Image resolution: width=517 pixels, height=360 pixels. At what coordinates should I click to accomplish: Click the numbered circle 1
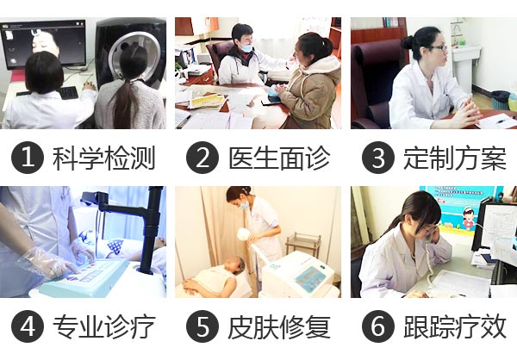28,158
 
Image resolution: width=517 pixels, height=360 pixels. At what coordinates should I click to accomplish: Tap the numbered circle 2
202,158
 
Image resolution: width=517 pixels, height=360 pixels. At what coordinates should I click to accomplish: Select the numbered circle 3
378,158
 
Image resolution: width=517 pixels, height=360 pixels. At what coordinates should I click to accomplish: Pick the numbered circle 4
28,326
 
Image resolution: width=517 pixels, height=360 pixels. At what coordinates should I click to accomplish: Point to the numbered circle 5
202,326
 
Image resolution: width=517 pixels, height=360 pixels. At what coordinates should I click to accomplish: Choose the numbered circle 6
378,326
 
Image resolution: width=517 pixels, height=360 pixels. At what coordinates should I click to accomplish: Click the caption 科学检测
104,158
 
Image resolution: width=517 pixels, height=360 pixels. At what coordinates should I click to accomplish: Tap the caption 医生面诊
279,158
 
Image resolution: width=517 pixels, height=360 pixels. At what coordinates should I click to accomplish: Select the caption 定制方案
455,158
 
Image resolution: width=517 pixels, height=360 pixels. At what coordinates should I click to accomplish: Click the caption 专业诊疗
104,326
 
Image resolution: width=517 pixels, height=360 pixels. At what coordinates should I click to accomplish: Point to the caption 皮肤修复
279,326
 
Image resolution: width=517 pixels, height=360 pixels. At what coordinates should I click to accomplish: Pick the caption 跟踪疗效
455,326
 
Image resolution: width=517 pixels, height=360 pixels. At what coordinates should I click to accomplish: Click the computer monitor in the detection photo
44,44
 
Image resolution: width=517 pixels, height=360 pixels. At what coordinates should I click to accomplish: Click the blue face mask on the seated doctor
246,48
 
